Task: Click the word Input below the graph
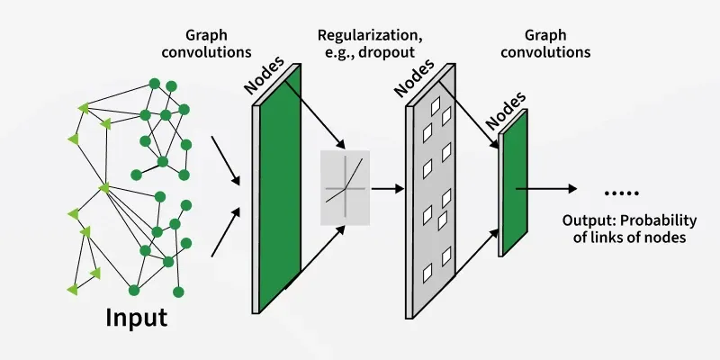pyautogui.click(x=137, y=319)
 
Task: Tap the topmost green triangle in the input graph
pyautogui.click(x=85, y=108)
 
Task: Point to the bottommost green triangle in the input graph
pyautogui.click(x=72, y=289)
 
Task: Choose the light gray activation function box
pyautogui.click(x=346, y=188)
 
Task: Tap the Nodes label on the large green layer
pyautogui.click(x=264, y=75)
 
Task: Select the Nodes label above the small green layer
pyautogui.click(x=500, y=112)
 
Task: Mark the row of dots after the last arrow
pyautogui.click(x=621, y=192)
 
